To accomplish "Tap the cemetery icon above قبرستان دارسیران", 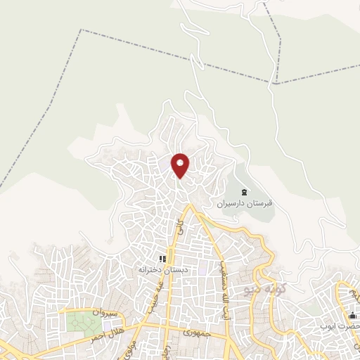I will pos(245,192).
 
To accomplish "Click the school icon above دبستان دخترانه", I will pos(163,259).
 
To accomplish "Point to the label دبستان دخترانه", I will pos(163,269).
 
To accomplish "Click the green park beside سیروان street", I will pos(84,321).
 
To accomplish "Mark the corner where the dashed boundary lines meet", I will pos(277,83).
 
